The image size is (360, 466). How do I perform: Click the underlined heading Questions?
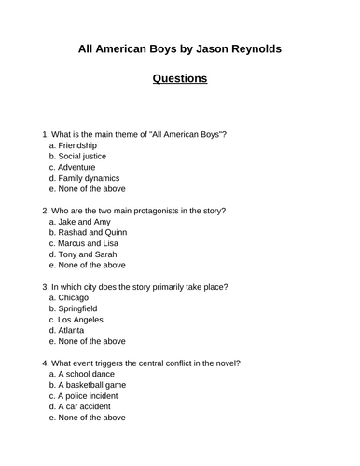click(x=180, y=78)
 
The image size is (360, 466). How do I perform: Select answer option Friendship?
click(x=77, y=147)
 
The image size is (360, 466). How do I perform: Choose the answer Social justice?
click(x=84, y=162)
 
